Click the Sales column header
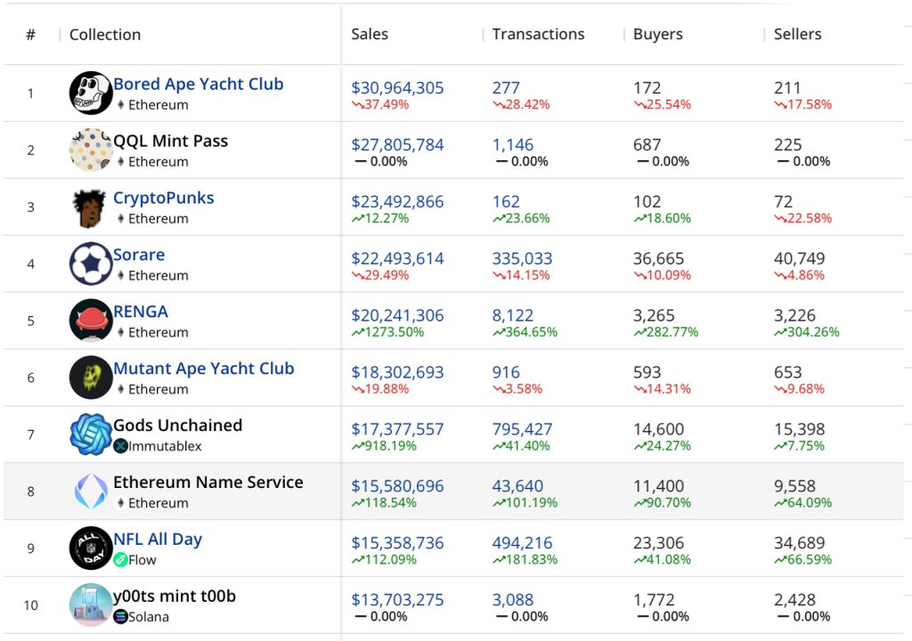[x=370, y=35]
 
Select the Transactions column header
[x=538, y=35]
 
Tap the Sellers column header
[x=797, y=35]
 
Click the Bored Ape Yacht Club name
[x=198, y=85]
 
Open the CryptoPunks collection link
[x=163, y=199]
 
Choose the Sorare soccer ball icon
[x=91, y=264]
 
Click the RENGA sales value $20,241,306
[x=397, y=316]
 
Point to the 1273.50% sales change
[x=387, y=332]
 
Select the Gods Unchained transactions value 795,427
[x=522, y=430]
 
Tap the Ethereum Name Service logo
[x=91, y=491]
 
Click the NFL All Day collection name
[x=158, y=540]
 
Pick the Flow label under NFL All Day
[x=142, y=560]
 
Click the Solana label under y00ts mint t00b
[x=148, y=617]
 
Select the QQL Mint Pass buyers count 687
[x=647, y=145]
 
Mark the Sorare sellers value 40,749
[x=799, y=259]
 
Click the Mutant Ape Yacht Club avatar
[x=91, y=377]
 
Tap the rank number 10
[x=31, y=605]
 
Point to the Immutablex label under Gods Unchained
[x=165, y=446]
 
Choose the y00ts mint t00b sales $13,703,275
[x=397, y=600]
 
